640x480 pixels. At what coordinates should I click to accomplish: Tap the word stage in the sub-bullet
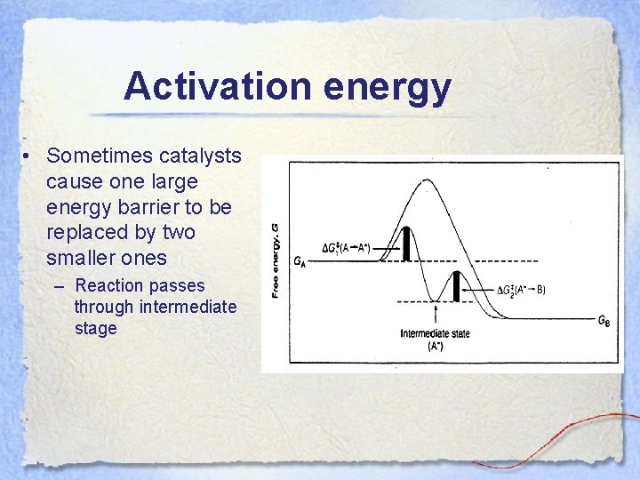click(95, 328)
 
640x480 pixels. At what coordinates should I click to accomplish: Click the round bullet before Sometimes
click(29, 156)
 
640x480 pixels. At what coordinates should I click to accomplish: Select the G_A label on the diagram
click(301, 261)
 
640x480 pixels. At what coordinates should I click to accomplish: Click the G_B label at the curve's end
click(604, 322)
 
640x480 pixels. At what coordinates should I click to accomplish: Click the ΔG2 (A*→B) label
click(521, 290)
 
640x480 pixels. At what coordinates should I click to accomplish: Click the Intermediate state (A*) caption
click(435, 340)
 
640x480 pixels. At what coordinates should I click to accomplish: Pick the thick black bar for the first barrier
click(406, 244)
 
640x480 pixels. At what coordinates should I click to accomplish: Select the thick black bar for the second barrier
click(457, 286)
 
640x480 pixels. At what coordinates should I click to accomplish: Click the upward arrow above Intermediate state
click(435, 314)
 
